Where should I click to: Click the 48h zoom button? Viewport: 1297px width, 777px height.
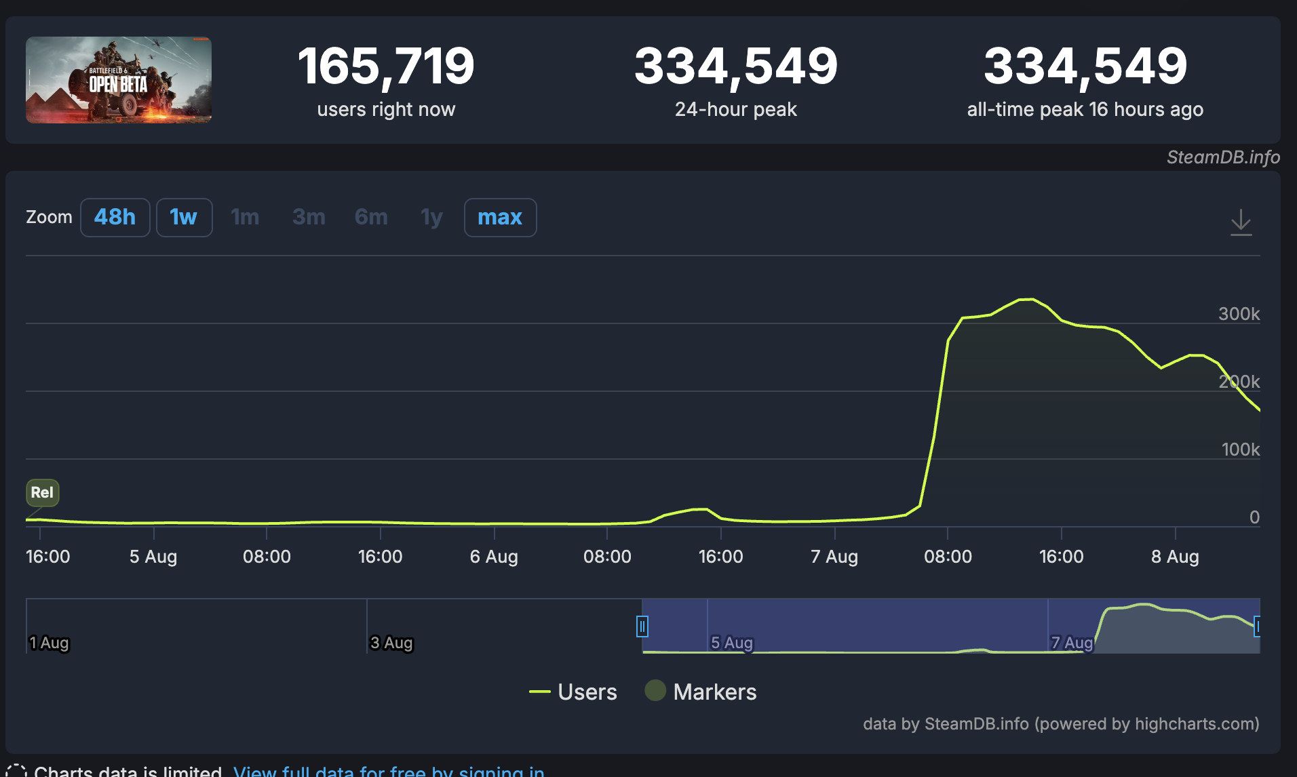tap(115, 217)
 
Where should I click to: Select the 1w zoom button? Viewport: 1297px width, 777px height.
tap(184, 217)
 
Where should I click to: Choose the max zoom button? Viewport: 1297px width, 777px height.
tap(500, 217)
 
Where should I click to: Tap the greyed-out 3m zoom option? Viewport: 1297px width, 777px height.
tap(309, 217)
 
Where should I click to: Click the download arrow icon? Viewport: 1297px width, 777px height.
tap(1241, 222)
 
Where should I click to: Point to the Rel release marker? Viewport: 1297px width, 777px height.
tap(42, 492)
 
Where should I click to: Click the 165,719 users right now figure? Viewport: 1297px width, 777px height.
tap(386, 66)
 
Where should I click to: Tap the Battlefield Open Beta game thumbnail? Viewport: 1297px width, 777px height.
tap(119, 80)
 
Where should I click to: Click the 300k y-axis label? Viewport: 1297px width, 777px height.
tap(1239, 314)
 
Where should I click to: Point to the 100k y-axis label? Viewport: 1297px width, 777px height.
tap(1240, 450)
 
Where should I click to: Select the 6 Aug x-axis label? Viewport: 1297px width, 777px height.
tap(494, 557)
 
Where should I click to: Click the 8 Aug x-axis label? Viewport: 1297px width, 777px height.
tap(1175, 557)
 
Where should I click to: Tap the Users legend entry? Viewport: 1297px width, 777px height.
tap(574, 692)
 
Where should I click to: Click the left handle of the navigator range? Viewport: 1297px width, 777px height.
tap(642, 626)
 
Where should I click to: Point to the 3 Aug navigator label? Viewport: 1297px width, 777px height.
tap(391, 643)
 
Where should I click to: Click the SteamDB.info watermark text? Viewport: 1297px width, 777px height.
tap(1223, 157)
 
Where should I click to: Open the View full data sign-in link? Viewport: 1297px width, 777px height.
tap(389, 771)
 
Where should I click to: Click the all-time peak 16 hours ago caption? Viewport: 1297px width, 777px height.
tap(1085, 109)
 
